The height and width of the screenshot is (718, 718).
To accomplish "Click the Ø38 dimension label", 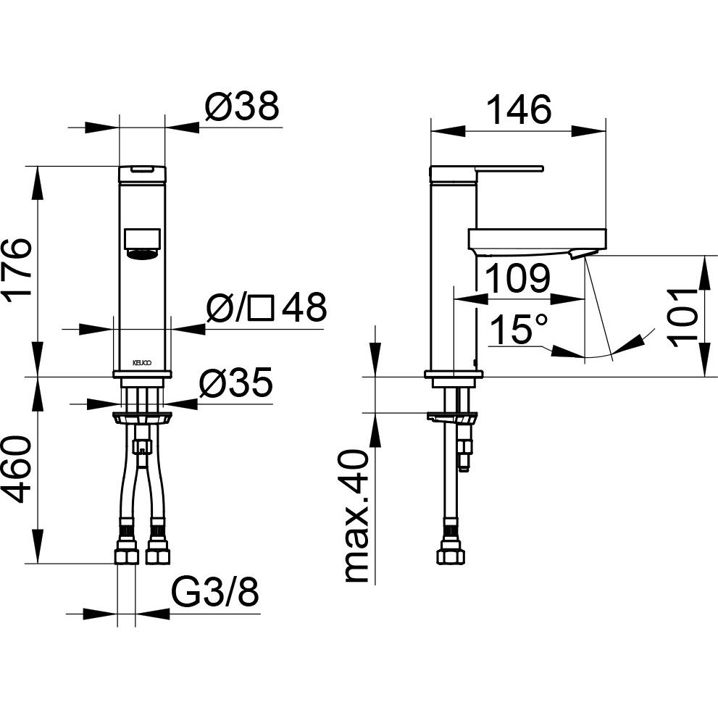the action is [x=242, y=107].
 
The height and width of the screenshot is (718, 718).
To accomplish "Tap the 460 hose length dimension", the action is [x=17, y=469].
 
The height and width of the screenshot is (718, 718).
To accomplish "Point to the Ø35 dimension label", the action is [x=235, y=383].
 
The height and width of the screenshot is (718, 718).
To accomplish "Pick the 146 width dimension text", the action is [x=518, y=109].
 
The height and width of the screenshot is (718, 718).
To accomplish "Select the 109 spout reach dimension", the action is [x=517, y=278].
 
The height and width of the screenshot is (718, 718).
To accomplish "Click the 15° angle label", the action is [x=518, y=329].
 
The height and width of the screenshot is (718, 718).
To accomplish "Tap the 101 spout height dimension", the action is [x=682, y=317].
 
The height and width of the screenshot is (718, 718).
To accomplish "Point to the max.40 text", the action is [x=356, y=517].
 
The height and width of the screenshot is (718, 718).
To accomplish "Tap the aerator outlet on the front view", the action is [x=143, y=254].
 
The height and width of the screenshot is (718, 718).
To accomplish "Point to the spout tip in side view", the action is [x=578, y=254].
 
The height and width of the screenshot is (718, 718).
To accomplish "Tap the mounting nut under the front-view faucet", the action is [x=143, y=417].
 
